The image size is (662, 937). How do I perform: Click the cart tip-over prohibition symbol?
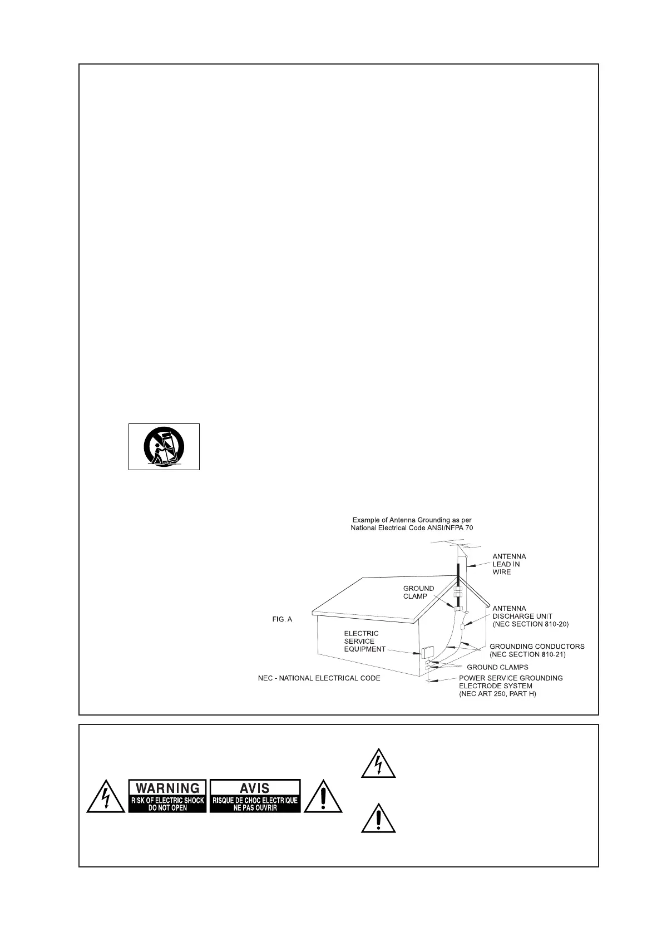(x=164, y=447)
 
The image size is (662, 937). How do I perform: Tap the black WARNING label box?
(x=167, y=796)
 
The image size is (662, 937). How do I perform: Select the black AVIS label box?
(x=255, y=796)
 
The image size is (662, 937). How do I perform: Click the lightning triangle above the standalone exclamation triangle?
(x=378, y=763)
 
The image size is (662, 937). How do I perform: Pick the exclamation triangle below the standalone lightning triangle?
(x=378, y=818)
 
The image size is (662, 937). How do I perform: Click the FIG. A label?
(x=282, y=619)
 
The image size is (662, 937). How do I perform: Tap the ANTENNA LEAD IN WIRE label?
(x=509, y=564)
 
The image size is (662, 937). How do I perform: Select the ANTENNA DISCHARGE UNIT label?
(x=530, y=616)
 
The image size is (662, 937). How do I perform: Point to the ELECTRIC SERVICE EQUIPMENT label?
(x=364, y=641)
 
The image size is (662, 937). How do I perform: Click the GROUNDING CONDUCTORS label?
(x=536, y=650)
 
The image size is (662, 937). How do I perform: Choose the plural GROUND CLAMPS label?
(x=497, y=667)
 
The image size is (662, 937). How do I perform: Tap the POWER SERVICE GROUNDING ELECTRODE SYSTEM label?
(x=510, y=686)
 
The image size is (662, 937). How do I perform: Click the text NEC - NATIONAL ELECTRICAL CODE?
(x=319, y=678)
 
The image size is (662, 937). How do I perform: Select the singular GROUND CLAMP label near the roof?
(x=418, y=592)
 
